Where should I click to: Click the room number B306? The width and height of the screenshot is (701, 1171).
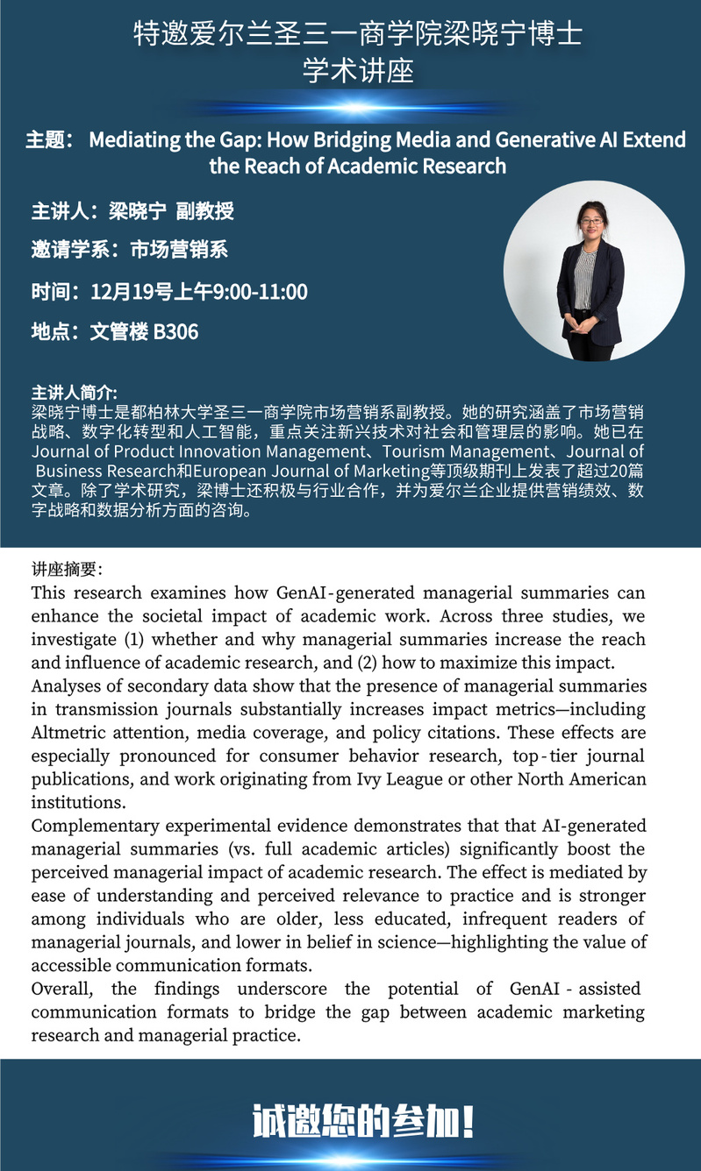tap(175, 331)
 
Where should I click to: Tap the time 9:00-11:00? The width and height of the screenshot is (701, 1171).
tap(265, 291)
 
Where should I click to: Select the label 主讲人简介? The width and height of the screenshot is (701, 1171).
tap(74, 392)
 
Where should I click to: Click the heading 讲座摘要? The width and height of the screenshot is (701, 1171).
tap(67, 570)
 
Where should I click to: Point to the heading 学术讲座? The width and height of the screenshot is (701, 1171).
tap(358, 71)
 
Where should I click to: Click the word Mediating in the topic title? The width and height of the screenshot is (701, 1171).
tap(133, 140)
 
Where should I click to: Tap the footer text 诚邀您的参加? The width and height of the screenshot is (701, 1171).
tap(363, 1121)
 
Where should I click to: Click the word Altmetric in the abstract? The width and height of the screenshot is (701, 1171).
tap(75, 733)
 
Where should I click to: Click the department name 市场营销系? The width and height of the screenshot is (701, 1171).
tap(179, 250)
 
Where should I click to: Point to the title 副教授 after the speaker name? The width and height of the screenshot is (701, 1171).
tap(204, 211)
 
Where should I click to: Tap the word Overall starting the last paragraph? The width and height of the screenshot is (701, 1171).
tap(63, 989)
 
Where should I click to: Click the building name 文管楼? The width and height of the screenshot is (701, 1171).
tap(119, 331)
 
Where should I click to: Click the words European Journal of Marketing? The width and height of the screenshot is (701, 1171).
tap(277, 471)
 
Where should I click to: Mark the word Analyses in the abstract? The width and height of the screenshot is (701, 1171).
tap(63, 685)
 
